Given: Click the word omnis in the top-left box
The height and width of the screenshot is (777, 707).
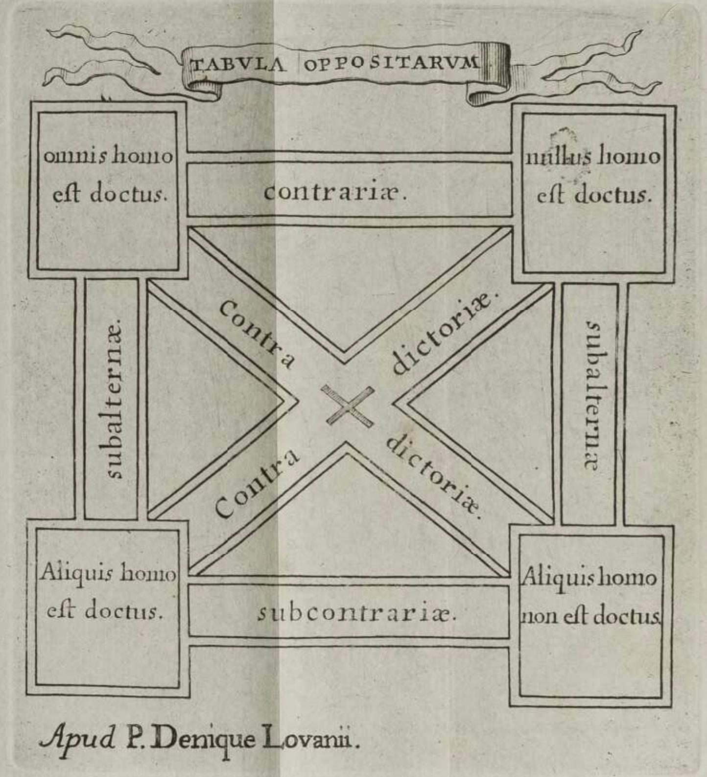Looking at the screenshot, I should coord(75,156).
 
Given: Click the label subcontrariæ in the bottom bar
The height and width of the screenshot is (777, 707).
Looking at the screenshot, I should coord(356,613).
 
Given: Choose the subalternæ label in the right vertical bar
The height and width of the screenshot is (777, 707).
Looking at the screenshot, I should coord(593,396).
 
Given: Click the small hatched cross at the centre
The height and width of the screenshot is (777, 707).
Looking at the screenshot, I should coord(348,406).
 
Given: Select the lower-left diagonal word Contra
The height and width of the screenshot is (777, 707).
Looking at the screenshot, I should coord(257,483).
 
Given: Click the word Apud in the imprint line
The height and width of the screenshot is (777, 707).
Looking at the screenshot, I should coord(78,739).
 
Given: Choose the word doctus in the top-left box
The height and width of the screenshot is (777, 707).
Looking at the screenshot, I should coord(128,194).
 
